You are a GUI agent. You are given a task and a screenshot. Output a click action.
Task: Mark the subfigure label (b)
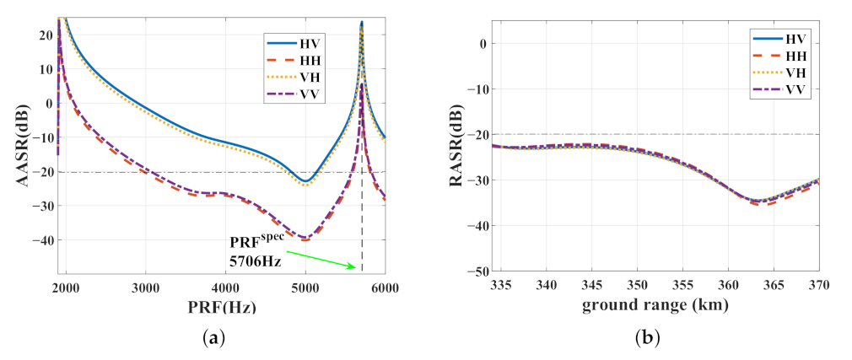click(x=645, y=339)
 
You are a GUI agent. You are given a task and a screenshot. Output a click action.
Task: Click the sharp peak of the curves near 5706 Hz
click(x=361, y=24)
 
